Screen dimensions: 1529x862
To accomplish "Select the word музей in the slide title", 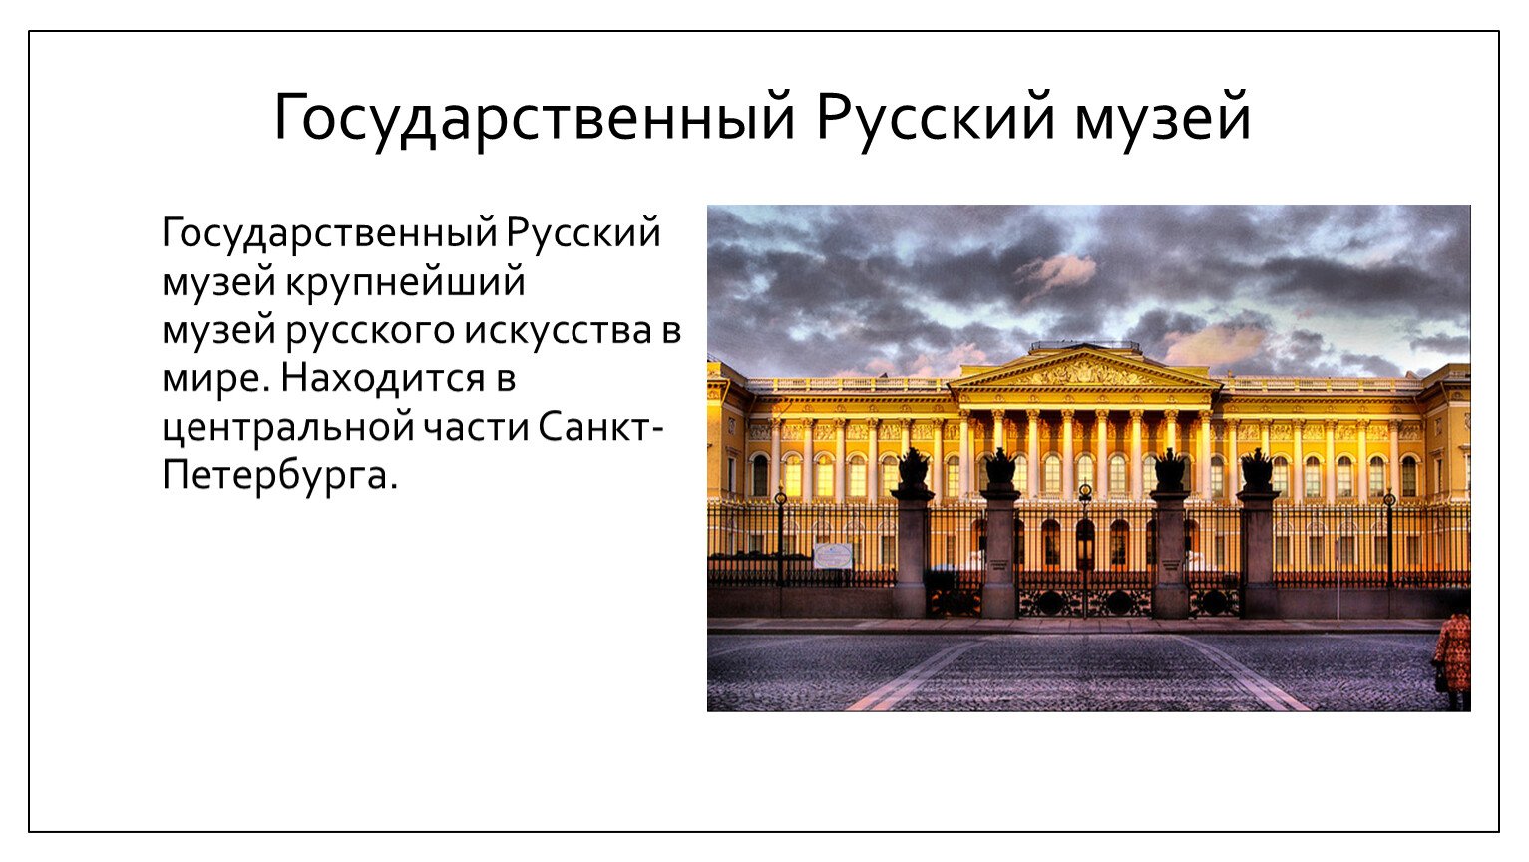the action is (x=1162, y=119).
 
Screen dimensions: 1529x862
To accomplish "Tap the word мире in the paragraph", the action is (x=211, y=379).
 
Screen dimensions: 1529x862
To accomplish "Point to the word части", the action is (x=476, y=428).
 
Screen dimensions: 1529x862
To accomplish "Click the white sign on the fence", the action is (x=833, y=556).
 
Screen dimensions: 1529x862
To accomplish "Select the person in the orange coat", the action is (x=1452, y=659).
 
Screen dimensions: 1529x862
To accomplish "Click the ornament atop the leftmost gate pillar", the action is (x=913, y=467).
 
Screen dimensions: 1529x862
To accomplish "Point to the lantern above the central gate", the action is (x=1085, y=491).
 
